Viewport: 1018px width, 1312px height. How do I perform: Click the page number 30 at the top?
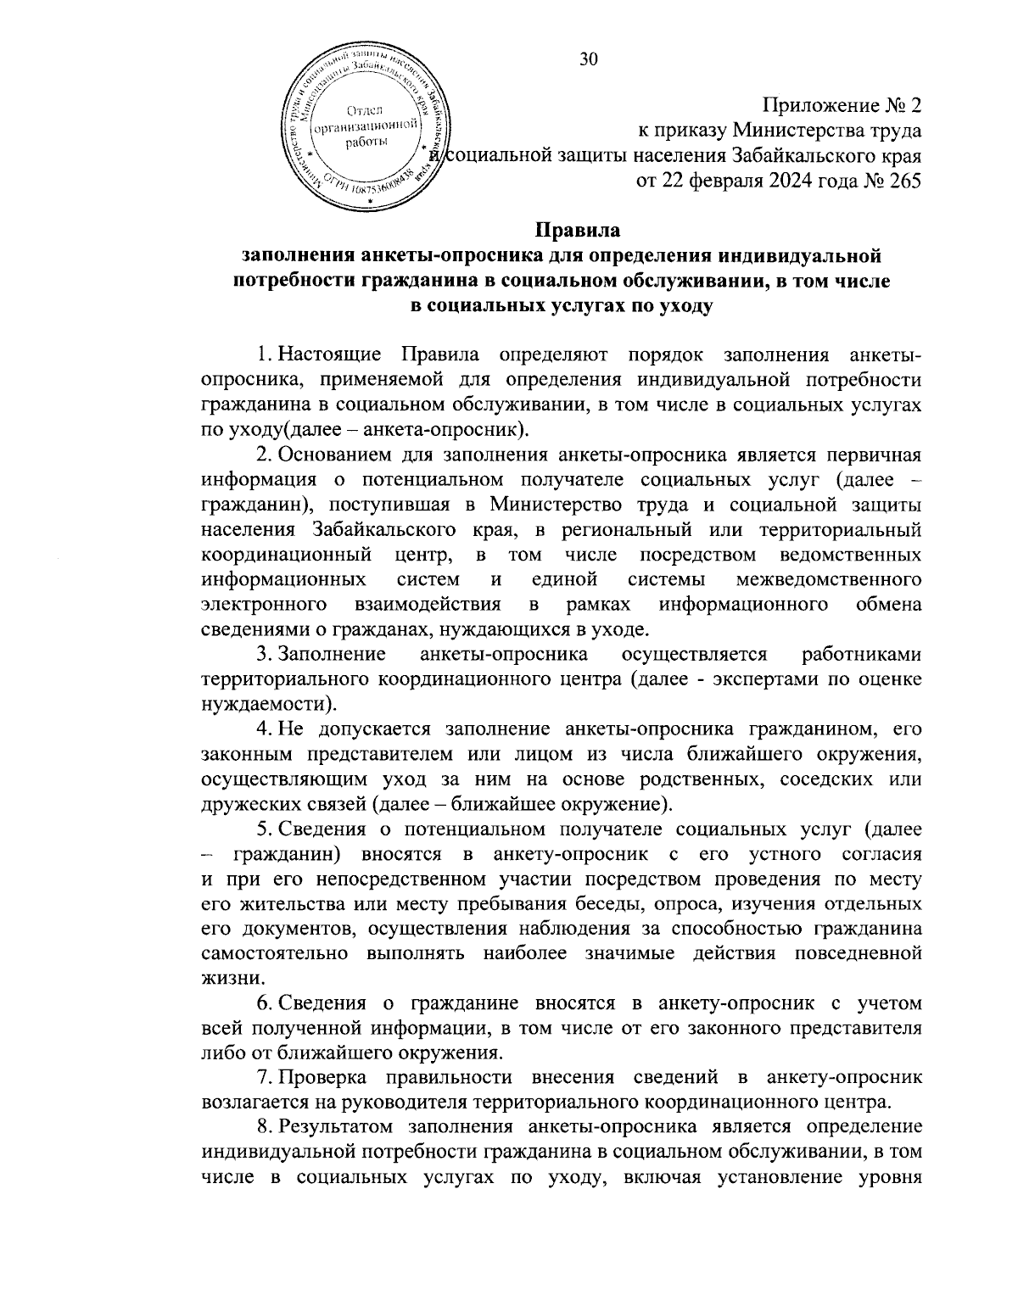[x=589, y=58]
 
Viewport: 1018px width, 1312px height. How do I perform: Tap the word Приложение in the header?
[x=818, y=106]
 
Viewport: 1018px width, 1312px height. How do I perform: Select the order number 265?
[x=902, y=180]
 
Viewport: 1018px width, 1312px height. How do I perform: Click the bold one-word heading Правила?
[x=579, y=230]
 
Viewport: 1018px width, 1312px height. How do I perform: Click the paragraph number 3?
[x=262, y=654]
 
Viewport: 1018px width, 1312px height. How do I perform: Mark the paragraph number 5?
[x=262, y=829]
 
